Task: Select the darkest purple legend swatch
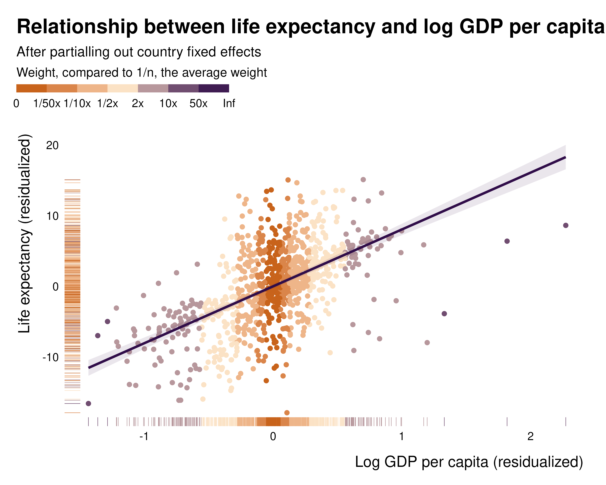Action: click(214, 88)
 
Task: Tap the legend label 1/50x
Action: click(47, 104)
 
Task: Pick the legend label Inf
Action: click(229, 104)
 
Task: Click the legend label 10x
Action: click(168, 104)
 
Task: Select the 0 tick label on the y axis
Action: click(55, 287)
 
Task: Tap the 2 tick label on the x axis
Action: click(530, 436)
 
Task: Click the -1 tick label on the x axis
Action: click(144, 436)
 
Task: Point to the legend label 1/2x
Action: click(108, 104)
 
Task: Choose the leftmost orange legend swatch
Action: click(31, 88)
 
